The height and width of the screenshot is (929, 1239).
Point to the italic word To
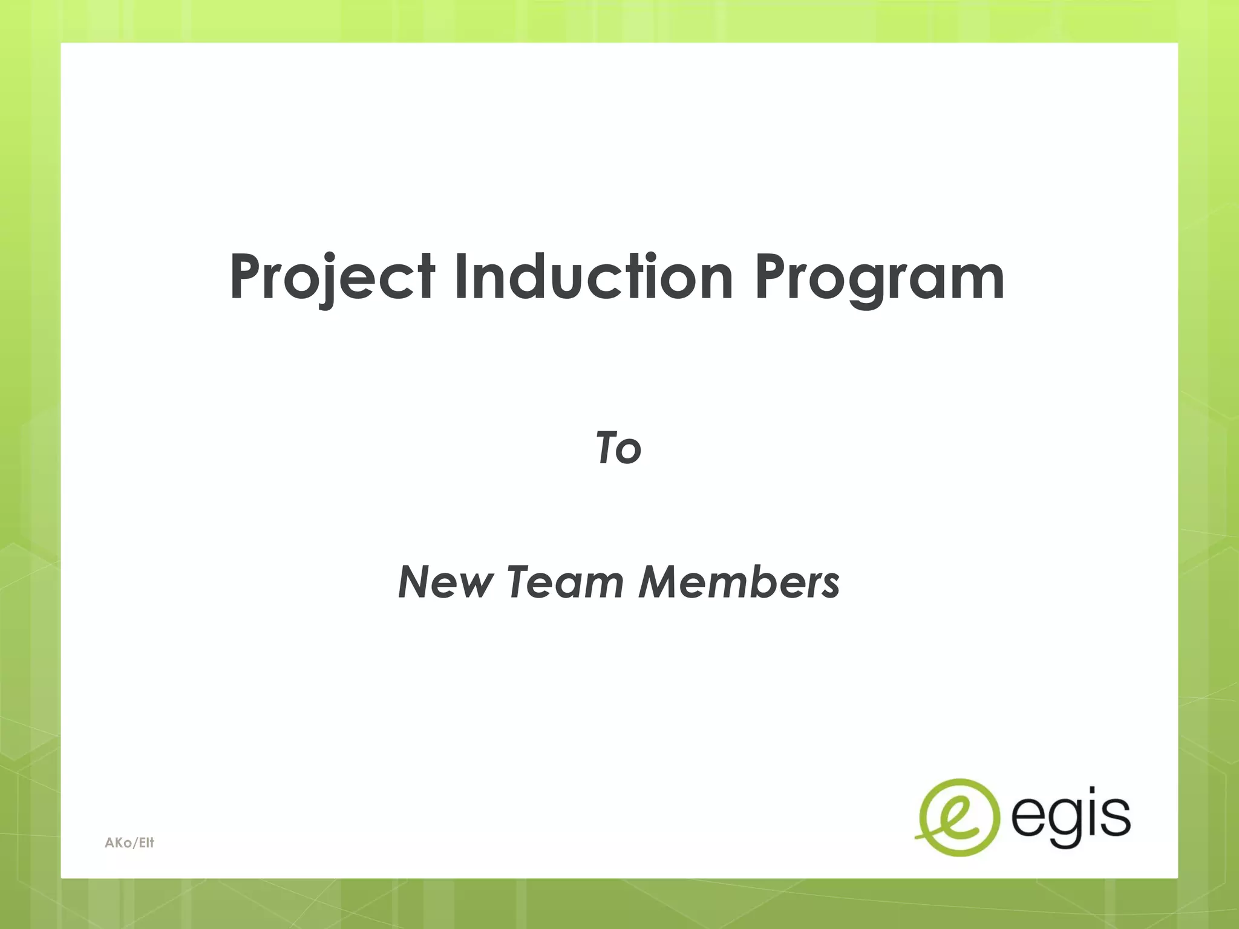tap(618, 448)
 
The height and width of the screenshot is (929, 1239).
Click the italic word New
tap(445, 582)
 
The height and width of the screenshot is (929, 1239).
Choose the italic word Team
tap(566, 582)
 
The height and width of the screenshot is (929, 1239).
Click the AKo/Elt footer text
tap(129, 843)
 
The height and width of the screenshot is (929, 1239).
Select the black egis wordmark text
tap(1070, 816)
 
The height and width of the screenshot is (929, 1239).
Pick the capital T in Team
tap(521, 582)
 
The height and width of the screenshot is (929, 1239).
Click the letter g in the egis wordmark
tap(1060, 823)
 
